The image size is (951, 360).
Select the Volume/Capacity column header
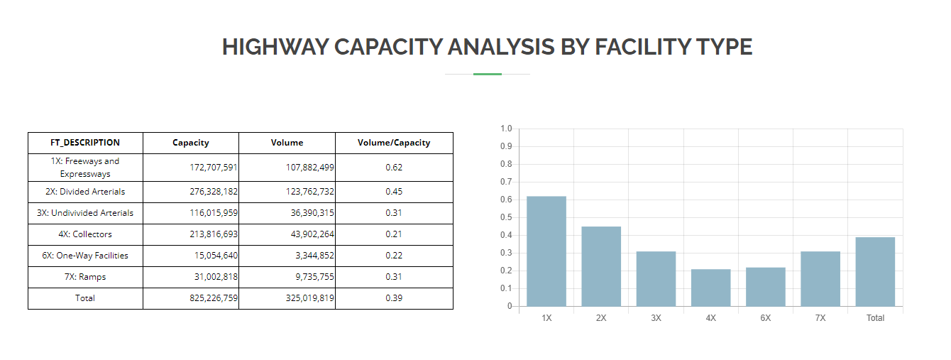pyautogui.click(x=394, y=143)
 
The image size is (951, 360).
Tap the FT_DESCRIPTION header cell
pyautogui.click(x=85, y=143)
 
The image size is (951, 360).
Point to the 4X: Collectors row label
pyautogui.click(x=85, y=234)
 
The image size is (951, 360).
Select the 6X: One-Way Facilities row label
pyautogui.click(x=85, y=256)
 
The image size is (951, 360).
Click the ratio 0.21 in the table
pyautogui.click(x=394, y=234)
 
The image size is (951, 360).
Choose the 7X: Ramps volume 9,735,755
pyautogui.click(x=309, y=277)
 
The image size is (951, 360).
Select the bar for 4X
pyautogui.click(x=710, y=288)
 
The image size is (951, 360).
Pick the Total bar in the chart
pyautogui.click(x=875, y=272)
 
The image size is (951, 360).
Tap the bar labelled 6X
pyautogui.click(x=765, y=287)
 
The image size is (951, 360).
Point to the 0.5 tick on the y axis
pyautogui.click(x=505, y=218)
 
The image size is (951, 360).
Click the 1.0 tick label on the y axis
pyautogui.click(x=505, y=129)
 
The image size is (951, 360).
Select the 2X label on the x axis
pyautogui.click(x=601, y=318)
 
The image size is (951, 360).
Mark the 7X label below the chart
pyautogui.click(x=820, y=318)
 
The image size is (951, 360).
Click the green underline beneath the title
pyautogui.click(x=488, y=74)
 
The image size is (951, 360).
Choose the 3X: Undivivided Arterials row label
pyautogui.click(x=85, y=213)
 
